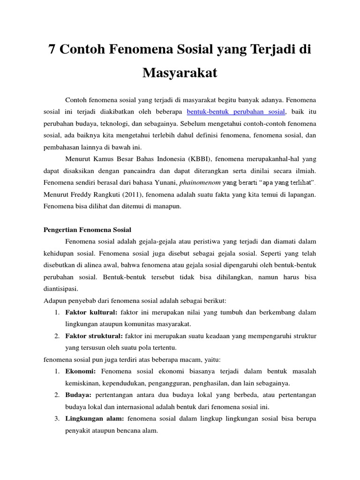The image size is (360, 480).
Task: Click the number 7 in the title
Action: [x=52, y=50]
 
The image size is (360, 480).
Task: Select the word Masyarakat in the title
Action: [x=180, y=73]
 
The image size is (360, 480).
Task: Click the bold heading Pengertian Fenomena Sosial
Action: [x=88, y=230]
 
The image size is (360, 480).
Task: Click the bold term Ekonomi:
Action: [x=80, y=371]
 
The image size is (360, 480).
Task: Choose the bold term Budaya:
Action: [x=78, y=395]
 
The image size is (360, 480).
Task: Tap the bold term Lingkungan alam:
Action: [x=94, y=418]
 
